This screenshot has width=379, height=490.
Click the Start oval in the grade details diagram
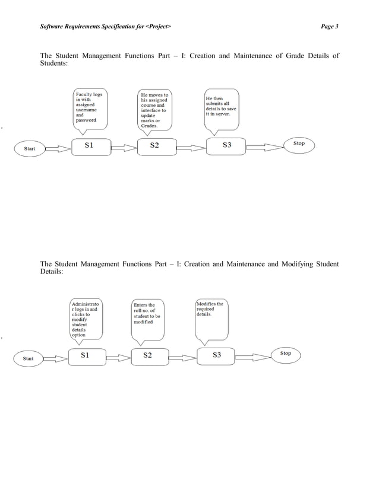click(x=30, y=148)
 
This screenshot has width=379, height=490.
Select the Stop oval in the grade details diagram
click(x=299, y=144)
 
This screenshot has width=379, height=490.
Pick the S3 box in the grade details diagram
click(x=226, y=145)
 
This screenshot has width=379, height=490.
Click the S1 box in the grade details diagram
click(x=91, y=145)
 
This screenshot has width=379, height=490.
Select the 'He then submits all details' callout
click(x=221, y=107)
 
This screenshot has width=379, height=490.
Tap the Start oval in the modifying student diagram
click(x=28, y=358)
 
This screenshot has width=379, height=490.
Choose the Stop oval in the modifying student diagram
click(x=286, y=354)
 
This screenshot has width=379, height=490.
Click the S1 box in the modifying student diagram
click(x=85, y=356)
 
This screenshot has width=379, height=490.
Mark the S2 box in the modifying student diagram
click(x=148, y=356)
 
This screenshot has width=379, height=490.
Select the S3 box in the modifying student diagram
click(x=217, y=356)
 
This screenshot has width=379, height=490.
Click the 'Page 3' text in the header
click(x=329, y=27)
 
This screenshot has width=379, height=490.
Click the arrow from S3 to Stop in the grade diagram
click(x=265, y=147)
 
